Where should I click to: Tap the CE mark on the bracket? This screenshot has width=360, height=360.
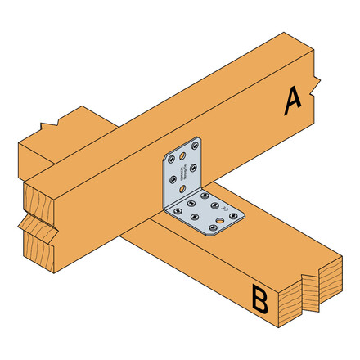pyautogui.click(x=223, y=207)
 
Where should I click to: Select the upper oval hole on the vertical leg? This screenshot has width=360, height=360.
pyautogui.click(x=182, y=155)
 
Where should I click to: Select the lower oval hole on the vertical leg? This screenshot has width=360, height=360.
pyautogui.click(x=182, y=189)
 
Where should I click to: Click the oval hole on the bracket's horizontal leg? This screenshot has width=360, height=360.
pyautogui.click(x=219, y=220)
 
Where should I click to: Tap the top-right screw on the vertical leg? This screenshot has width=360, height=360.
pyautogui.click(x=195, y=146)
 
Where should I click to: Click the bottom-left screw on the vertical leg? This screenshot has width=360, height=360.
pyautogui.click(x=172, y=179)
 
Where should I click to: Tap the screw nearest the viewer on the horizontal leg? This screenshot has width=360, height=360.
pyautogui.click(x=213, y=227)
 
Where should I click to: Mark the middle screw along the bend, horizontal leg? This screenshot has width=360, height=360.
pyautogui.click(x=191, y=203)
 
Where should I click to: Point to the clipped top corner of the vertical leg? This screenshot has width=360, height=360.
pyautogui.click(x=165, y=154)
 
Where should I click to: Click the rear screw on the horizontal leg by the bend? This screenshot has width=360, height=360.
pyautogui.click(x=205, y=196)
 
